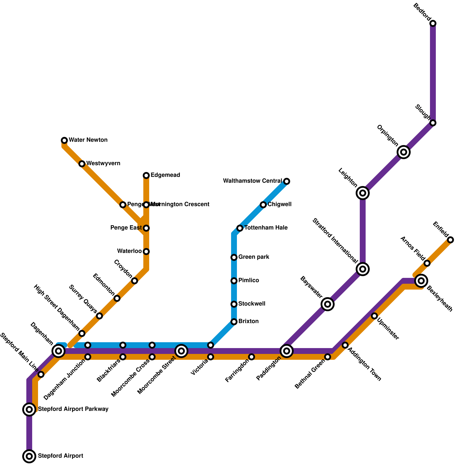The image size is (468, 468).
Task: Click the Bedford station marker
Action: (433, 23)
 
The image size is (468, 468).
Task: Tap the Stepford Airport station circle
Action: (29, 456)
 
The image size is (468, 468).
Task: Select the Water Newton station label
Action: (88, 140)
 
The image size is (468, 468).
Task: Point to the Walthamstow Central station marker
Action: (287, 181)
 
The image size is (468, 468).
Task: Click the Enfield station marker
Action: (450, 240)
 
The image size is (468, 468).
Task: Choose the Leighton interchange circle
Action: (363, 193)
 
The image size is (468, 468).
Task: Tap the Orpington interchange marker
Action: (404, 152)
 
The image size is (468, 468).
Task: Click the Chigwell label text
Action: (279, 204)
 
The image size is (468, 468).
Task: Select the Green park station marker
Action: (234, 257)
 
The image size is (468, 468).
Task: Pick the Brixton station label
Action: (248, 321)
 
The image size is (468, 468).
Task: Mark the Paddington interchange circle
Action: (287, 351)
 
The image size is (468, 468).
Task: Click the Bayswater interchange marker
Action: (328, 304)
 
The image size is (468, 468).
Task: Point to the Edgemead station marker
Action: (146, 175)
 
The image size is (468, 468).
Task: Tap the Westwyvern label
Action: (103, 164)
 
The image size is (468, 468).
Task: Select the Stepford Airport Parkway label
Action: (73, 409)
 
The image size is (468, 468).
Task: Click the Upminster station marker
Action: (374, 316)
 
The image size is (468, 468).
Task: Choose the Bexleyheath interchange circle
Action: (421, 281)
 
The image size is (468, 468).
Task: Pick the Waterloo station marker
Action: (146, 252)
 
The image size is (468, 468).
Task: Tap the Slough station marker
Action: (433, 123)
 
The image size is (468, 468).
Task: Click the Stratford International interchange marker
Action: (363, 269)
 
